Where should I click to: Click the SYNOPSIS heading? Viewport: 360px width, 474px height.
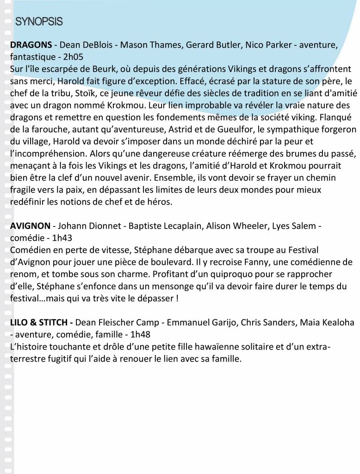click(x=39, y=21)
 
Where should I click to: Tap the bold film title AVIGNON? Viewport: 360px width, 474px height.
click(x=30, y=226)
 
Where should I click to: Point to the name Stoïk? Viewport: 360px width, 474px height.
click(x=82, y=93)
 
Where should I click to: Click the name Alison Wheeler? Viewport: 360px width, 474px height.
click(x=230, y=226)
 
